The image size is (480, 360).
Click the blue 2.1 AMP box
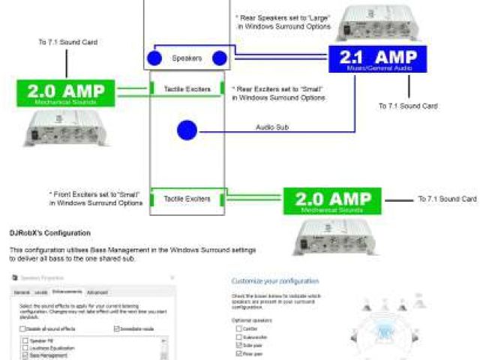tap(377, 58)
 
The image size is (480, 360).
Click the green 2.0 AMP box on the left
tap(67, 93)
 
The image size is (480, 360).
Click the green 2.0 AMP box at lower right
tap(331, 200)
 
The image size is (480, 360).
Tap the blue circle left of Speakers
tap(154, 58)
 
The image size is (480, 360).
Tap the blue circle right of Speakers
tap(220, 58)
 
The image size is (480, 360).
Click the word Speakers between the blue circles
tap(187, 58)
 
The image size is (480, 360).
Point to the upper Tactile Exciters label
tap(187, 89)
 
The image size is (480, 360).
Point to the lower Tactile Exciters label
tap(187, 199)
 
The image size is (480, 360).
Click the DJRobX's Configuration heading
tap(50, 233)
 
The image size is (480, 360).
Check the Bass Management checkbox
tap(22, 355)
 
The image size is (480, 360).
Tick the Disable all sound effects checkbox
tap(22, 328)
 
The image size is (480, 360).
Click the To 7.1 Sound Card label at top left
tap(67, 43)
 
